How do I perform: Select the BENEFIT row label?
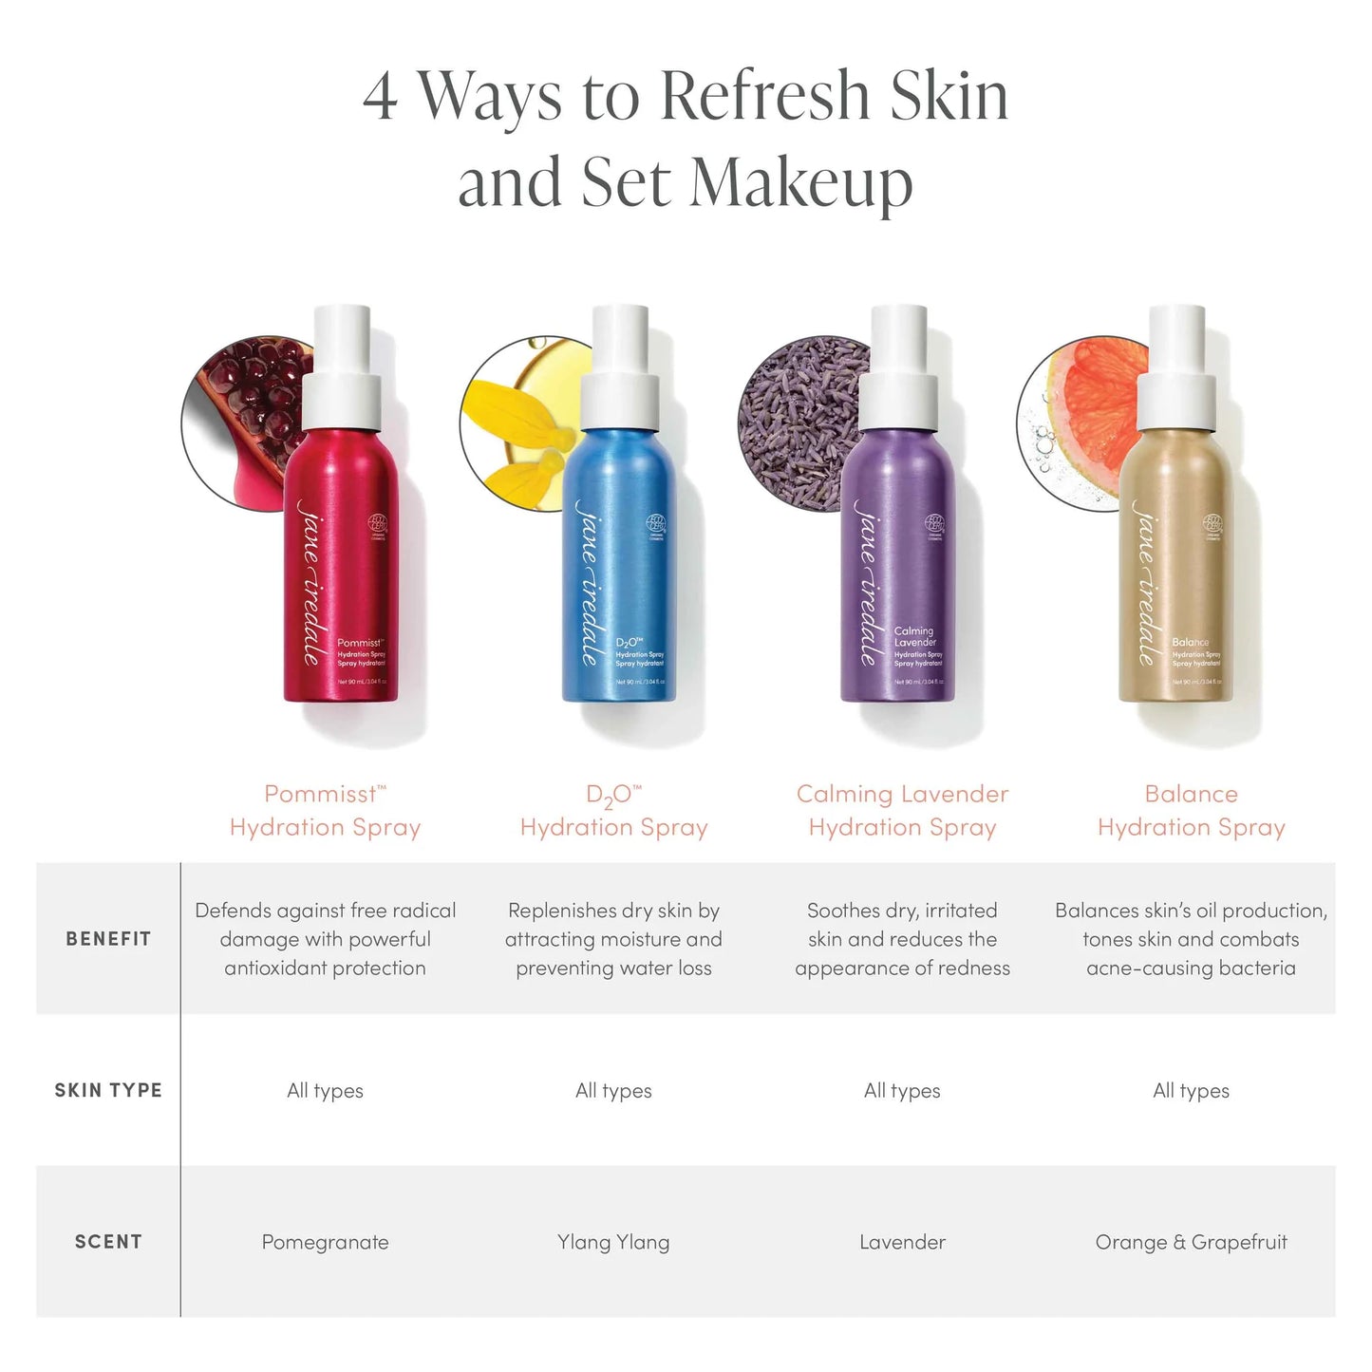[108, 939]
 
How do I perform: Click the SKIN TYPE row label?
[108, 1090]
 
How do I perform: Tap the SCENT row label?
[108, 1242]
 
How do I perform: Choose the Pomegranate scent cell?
[325, 1242]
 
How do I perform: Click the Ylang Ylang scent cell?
[613, 1242]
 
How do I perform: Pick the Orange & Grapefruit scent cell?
[1191, 1242]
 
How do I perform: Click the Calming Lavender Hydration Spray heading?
[902, 810]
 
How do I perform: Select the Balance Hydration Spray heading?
[1191, 810]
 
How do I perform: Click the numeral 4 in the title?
[380, 97]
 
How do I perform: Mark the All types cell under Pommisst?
[325, 1090]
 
